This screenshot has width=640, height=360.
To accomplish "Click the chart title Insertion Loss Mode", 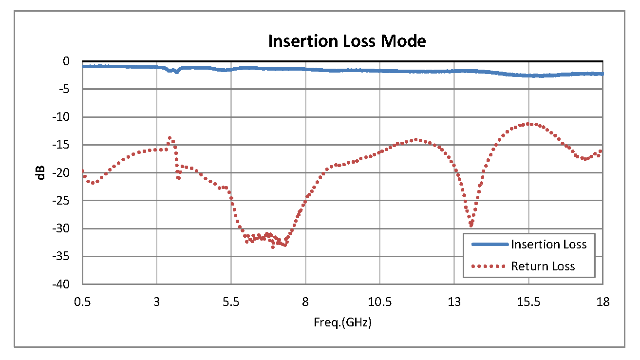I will click(x=347, y=41).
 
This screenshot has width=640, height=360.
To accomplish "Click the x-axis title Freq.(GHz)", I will click(x=342, y=322).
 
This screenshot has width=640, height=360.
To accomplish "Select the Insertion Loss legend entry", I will click(x=548, y=244).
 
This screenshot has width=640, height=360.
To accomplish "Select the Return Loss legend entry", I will click(x=543, y=266).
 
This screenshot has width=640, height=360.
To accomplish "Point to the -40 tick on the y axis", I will click(x=68, y=284).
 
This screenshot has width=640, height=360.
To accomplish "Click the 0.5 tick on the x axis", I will click(x=82, y=302).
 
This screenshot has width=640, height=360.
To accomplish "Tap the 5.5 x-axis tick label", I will click(x=231, y=302).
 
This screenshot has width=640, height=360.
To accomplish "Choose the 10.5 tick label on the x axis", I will click(x=379, y=302).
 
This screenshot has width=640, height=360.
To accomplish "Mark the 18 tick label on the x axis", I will click(x=602, y=302).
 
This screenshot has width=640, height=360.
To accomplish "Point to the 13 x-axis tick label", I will click(x=454, y=302).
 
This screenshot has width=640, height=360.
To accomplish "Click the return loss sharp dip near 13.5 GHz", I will click(x=471, y=226).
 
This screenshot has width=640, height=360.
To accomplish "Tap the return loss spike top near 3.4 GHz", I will click(x=169, y=137).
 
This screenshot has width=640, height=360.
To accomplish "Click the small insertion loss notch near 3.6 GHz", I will click(x=176, y=72).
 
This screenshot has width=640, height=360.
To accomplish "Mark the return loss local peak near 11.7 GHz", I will click(x=417, y=139).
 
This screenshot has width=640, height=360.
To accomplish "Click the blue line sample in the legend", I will click(x=489, y=244).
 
